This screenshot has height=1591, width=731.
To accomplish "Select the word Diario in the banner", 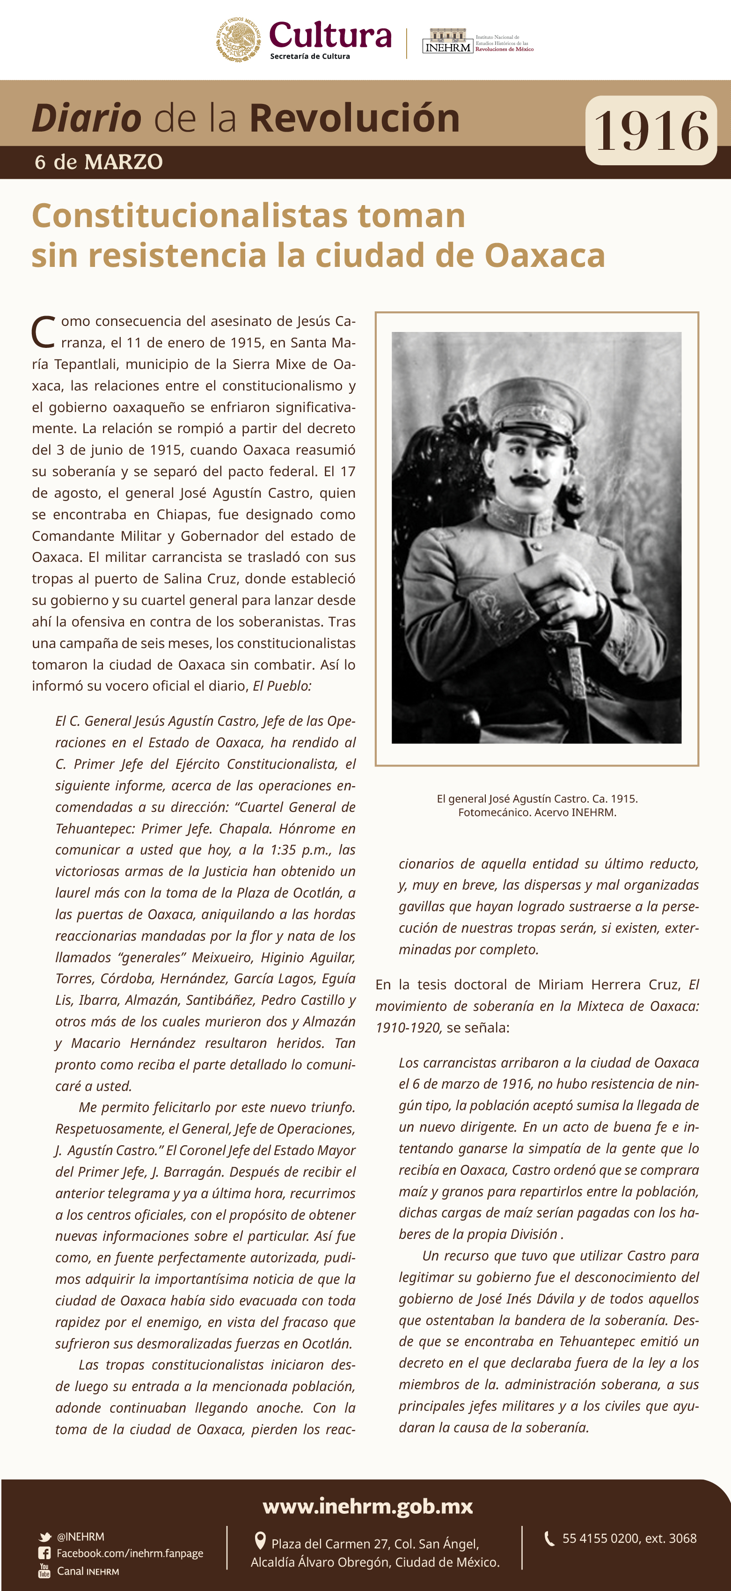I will pos(87,118).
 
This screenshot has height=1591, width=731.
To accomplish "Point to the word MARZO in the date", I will pos(124,162).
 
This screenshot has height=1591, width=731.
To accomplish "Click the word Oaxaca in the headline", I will pos(545,255).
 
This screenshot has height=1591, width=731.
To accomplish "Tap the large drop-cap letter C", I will pos(43,333).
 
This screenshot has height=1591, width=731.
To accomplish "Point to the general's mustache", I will pos(530,480).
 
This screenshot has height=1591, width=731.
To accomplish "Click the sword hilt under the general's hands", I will pos(571,636).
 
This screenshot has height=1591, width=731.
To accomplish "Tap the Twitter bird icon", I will pos(45,1537).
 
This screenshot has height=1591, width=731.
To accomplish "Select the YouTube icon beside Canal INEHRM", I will pos(44,1570).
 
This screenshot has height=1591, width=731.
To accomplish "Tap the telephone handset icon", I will pos(549,1538).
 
